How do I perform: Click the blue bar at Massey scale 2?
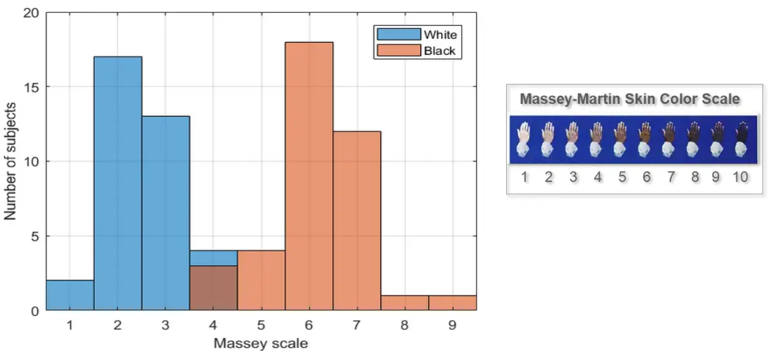click(118, 184)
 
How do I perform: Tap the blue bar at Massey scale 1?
click(70, 295)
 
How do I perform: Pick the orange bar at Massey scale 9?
click(453, 303)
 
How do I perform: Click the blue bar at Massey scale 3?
click(166, 213)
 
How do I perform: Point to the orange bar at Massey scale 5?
click(261, 281)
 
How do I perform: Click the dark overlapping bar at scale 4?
click(213, 288)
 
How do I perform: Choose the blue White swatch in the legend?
click(398, 34)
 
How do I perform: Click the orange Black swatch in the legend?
click(398, 50)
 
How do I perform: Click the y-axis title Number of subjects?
click(11, 161)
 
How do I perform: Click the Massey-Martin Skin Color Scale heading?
click(629, 99)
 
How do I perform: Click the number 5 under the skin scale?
click(622, 177)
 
